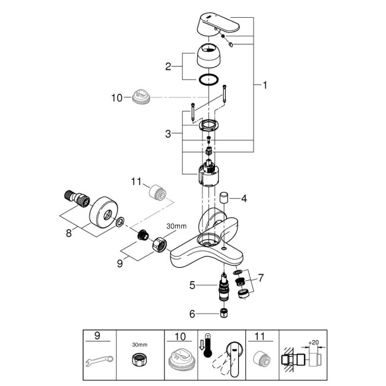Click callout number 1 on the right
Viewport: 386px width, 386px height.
coord(265,85)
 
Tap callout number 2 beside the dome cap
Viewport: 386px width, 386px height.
coord(168,67)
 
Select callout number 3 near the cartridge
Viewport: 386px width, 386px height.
coord(169,135)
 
